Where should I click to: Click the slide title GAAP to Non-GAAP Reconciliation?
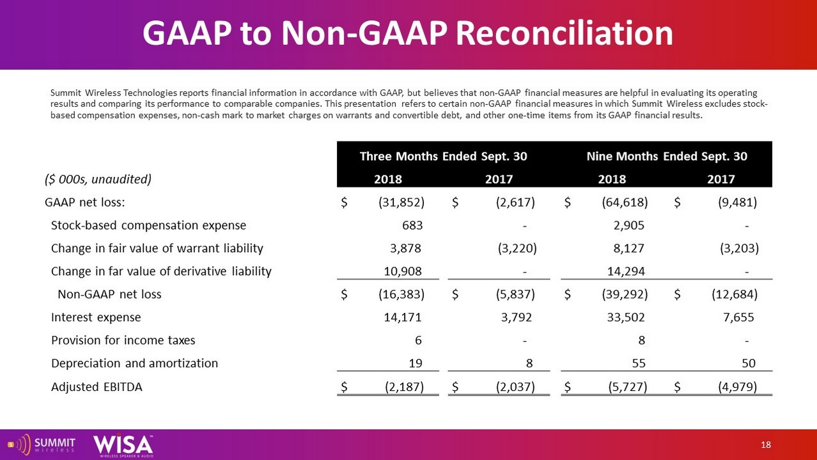(x=408, y=33)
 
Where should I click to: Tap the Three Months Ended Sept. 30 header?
(x=444, y=157)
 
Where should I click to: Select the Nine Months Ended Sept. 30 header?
(x=667, y=157)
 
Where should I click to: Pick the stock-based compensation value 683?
(x=412, y=225)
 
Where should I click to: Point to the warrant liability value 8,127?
(x=628, y=248)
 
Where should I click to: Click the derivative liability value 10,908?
(x=401, y=271)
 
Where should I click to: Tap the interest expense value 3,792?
(x=516, y=317)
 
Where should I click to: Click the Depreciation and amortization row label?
(x=134, y=363)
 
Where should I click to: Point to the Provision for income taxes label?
(x=123, y=340)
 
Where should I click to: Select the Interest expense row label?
(x=96, y=317)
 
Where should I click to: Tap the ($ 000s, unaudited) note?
(x=98, y=179)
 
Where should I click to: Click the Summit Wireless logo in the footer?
(x=42, y=444)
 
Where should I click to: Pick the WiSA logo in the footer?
(x=123, y=445)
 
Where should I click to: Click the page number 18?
(x=766, y=445)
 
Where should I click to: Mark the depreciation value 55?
(x=638, y=363)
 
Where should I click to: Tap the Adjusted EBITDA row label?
(x=97, y=386)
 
